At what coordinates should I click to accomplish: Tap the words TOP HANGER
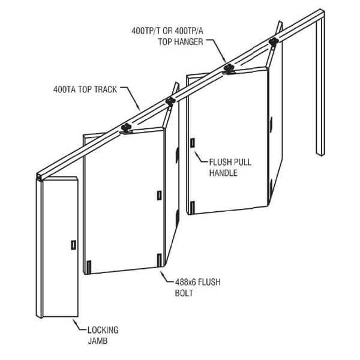(x=181, y=42)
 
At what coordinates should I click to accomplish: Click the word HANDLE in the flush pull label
(x=223, y=173)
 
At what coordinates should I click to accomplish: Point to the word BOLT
(x=184, y=293)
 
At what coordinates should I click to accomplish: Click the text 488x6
(x=185, y=282)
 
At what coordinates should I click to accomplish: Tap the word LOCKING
(x=103, y=330)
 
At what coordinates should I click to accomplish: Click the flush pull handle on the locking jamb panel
(x=73, y=245)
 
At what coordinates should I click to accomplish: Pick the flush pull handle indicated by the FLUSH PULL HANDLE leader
(x=193, y=143)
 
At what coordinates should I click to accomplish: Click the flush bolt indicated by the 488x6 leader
(x=160, y=260)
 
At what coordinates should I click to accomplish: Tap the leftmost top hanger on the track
(x=126, y=128)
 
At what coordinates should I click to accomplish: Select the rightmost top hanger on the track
(x=274, y=42)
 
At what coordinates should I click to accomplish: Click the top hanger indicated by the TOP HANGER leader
(x=229, y=68)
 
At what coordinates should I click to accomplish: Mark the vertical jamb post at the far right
(x=320, y=85)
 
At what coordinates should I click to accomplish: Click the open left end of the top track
(x=39, y=176)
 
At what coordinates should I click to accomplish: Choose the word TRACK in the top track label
(x=106, y=89)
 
